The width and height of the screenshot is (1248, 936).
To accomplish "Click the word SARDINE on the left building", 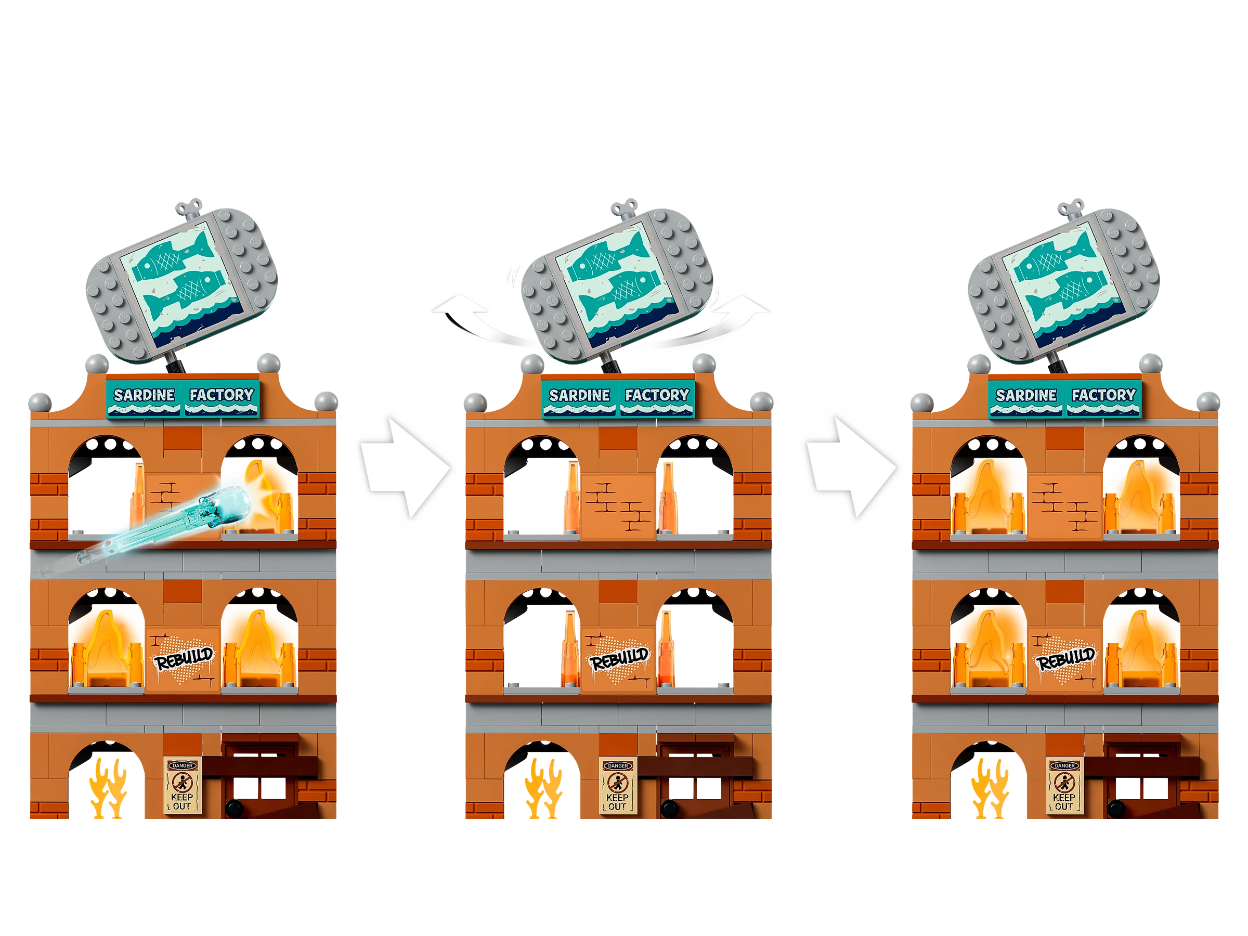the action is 144,395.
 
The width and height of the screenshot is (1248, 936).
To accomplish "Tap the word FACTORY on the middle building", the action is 657,395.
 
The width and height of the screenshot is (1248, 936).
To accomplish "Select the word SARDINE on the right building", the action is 1026,395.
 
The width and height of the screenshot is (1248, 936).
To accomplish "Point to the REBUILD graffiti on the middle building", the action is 619,658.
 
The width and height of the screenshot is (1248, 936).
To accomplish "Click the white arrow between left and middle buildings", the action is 405,467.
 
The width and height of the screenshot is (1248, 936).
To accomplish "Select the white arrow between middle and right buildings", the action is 852,467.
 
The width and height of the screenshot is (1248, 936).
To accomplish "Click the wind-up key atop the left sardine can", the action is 188,207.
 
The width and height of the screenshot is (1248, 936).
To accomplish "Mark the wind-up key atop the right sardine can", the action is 1070,207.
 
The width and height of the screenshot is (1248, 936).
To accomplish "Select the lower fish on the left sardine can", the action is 184,293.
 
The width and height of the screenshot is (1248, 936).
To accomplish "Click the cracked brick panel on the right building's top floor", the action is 1064,505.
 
